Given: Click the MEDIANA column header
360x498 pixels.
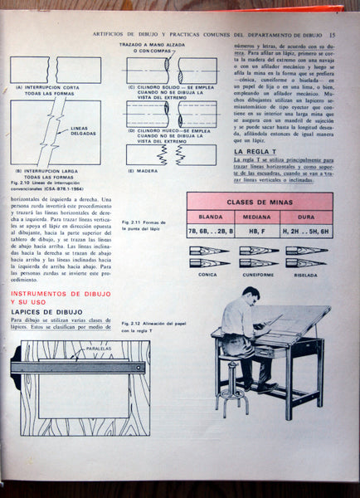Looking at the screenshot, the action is (x=259, y=217).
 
